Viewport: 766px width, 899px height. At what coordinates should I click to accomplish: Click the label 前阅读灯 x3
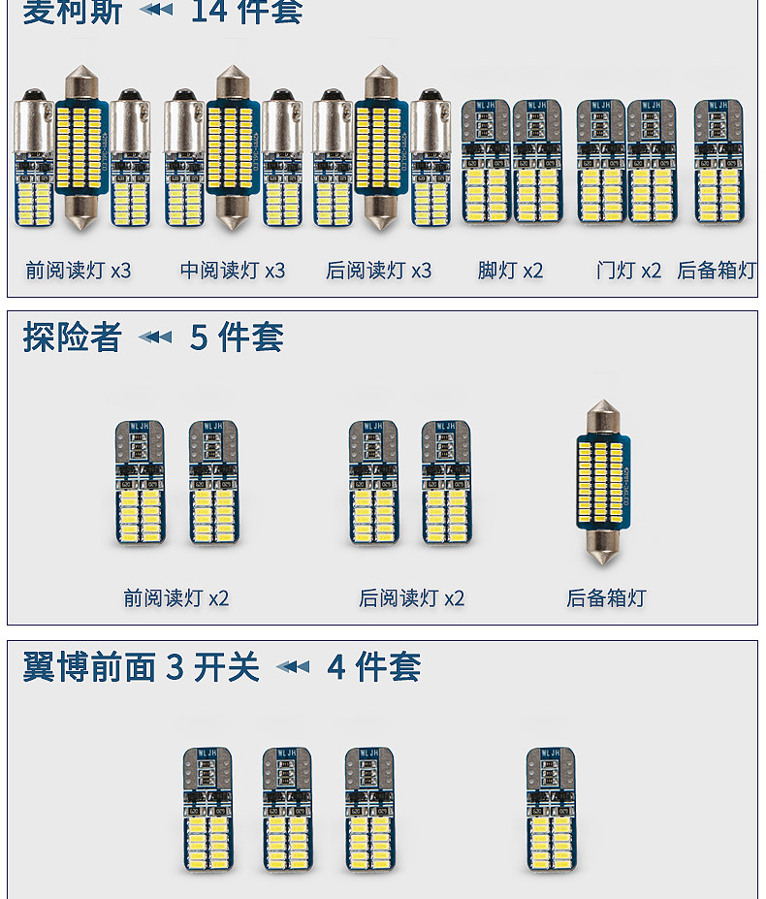tap(78, 271)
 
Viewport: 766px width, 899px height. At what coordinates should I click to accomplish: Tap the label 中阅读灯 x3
tap(233, 271)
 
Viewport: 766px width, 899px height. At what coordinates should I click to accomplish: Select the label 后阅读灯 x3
tap(379, 271)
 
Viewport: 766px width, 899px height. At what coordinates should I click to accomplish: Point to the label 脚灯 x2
tap(510, 271)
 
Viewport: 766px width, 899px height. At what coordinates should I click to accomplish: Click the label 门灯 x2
tap(628, 271)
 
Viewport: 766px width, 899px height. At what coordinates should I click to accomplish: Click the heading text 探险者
tap(73, 337)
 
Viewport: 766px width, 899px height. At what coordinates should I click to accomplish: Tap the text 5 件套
tap(237, 337)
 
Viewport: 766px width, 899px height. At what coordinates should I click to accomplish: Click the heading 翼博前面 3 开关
tap(142, 667)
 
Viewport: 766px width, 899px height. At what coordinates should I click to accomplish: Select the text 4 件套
tap(374, 667)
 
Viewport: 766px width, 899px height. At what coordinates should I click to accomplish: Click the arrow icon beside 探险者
tap(155, 337)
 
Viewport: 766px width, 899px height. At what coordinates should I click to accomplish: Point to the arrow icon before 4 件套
tap(293, 667)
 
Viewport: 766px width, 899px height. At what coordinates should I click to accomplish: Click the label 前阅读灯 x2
tap(176, 598)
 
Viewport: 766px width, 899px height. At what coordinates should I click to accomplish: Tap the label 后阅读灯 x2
tap(412, 598)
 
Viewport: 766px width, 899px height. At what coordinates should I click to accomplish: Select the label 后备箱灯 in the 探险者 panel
tap(606, 598)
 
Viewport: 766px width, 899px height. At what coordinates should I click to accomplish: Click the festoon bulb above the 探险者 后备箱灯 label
tap(604, 482)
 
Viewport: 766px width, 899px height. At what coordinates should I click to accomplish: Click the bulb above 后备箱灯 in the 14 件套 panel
tap(718, 161)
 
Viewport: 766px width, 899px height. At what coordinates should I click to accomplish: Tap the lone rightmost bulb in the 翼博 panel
tap(551, 808)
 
